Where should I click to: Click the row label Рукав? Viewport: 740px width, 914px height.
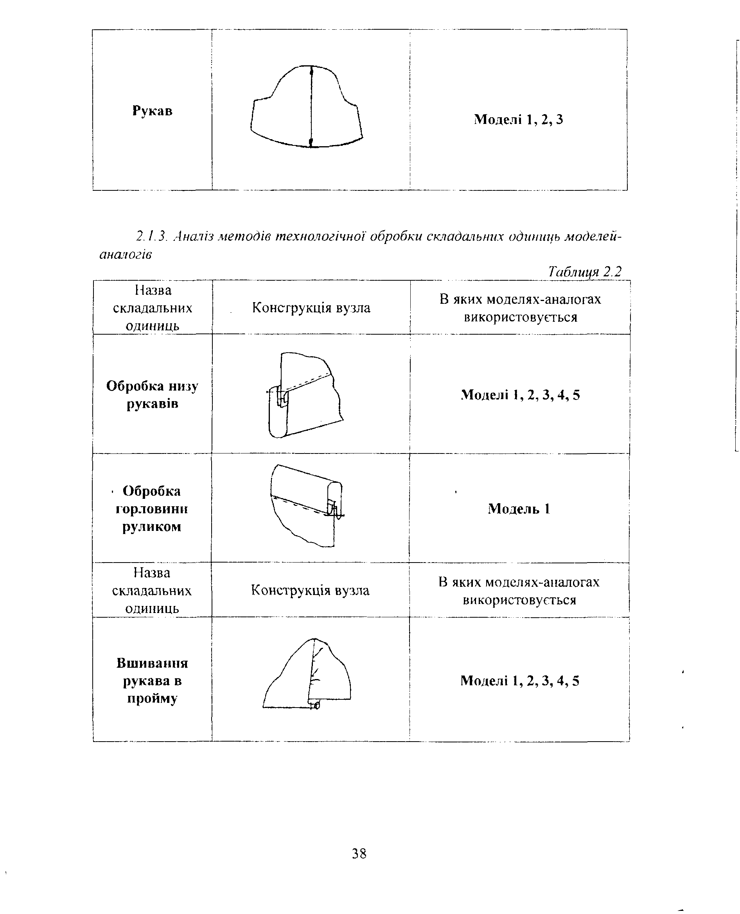pos(152,111)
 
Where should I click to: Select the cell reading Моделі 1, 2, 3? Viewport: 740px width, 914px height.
pos(518,119)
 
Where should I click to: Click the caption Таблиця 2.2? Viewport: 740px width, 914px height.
pos(584,271)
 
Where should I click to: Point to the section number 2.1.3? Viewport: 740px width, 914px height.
pos(151,236)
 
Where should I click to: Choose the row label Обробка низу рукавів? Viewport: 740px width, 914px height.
pos(152,394)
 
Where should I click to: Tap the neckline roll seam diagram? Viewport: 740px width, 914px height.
pos(307,505)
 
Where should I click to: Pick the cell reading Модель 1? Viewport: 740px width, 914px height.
pos(519,509)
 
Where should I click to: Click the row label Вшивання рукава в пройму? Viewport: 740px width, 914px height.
pos(152,681)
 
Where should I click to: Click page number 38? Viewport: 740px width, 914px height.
pos(359,853)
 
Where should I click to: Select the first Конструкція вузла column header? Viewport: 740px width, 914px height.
pos(311,308)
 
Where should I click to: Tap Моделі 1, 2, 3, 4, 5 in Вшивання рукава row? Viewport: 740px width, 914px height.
pos(520,681)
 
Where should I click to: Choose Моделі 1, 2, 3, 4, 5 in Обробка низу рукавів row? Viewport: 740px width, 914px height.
pos(520,395)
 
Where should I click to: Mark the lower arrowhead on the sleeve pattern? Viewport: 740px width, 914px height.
pos(311,142)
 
